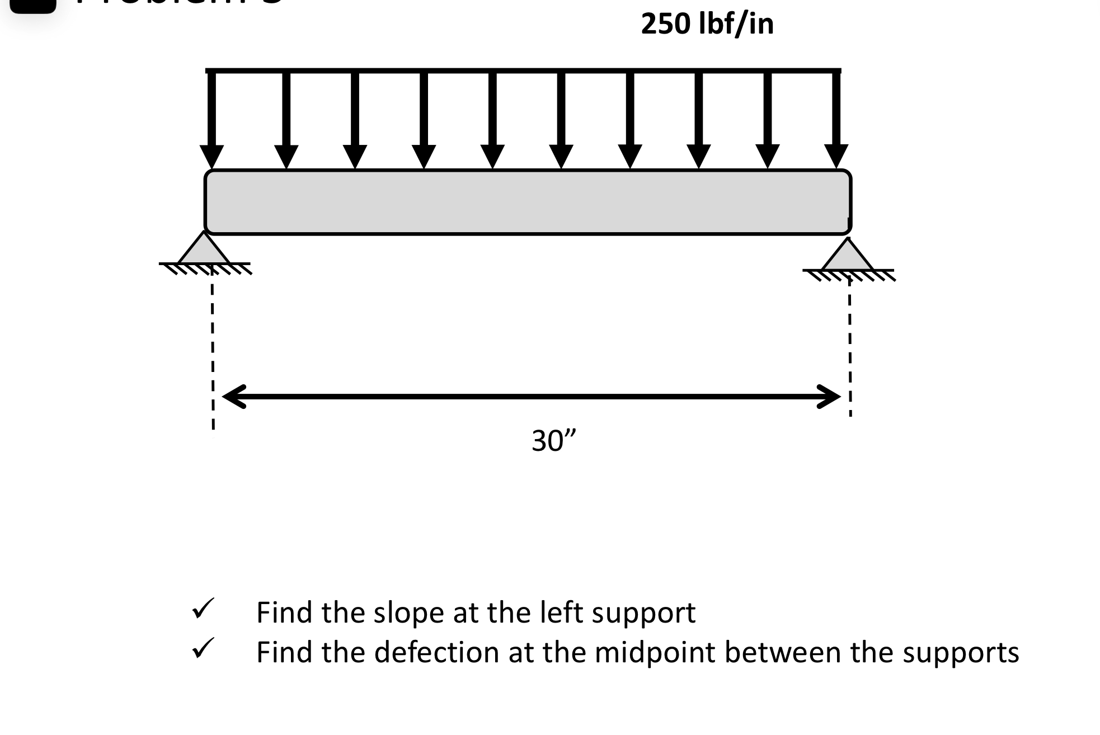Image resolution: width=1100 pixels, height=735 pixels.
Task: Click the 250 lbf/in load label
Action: [707, 25]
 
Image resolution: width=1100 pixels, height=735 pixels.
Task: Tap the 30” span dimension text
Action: [553, 441]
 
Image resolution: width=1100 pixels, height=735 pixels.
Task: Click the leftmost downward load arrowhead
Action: [211, 156]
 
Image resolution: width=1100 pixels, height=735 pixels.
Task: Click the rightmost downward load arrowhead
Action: [836, 156]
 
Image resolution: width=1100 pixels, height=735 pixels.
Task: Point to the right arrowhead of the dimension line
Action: [829, 397]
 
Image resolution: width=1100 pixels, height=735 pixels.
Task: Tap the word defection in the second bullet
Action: [436, 652]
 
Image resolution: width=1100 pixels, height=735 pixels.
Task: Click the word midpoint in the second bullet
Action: [655, 652]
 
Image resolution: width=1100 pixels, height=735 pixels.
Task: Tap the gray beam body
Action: [528, 201]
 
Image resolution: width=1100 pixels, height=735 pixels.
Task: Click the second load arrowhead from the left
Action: [286, 156]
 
